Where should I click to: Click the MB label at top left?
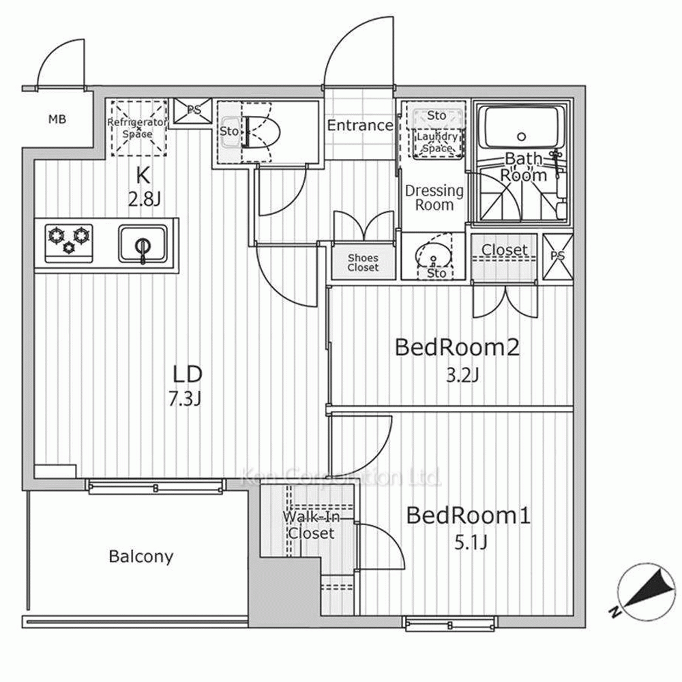[57, 121]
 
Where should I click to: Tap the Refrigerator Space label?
[137, 128]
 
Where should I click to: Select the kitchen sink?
[142, 242]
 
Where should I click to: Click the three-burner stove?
[69, 241]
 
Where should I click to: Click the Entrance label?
[359, 125]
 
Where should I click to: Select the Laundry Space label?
[436, 141]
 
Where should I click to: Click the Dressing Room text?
[434, 198]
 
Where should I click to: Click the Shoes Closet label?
[363, 263]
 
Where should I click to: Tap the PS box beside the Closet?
[558, 257]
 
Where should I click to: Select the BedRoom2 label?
[458, 348]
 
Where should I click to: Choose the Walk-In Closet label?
[310, 525]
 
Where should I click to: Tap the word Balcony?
[141, 557]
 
